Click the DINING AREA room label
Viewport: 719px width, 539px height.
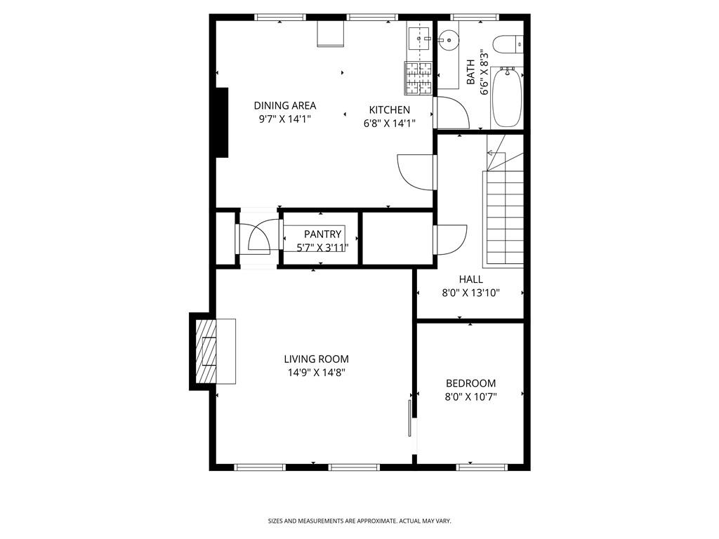click(x=284, y=105)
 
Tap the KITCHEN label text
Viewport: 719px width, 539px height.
click(x=390, y=109)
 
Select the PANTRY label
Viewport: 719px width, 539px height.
click(x=322, y=234)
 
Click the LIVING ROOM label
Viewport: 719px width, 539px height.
click(x=316, y=359)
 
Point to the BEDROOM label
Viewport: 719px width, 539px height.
click(x=470, y=383)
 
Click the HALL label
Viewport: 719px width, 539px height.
click(x=470, y=279)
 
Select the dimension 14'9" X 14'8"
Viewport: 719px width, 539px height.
click(x=316, y=373)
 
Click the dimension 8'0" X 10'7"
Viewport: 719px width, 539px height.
click(x=470, y=397)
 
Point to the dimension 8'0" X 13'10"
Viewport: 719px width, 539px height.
click(x=470, y=293)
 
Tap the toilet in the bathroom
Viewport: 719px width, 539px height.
click(x=507, y=44)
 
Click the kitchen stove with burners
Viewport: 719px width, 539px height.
click(x=418, y=79)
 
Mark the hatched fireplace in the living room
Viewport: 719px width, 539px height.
click(x=206, y=351)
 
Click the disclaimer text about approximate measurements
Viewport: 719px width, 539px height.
click(x=359, y=521)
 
